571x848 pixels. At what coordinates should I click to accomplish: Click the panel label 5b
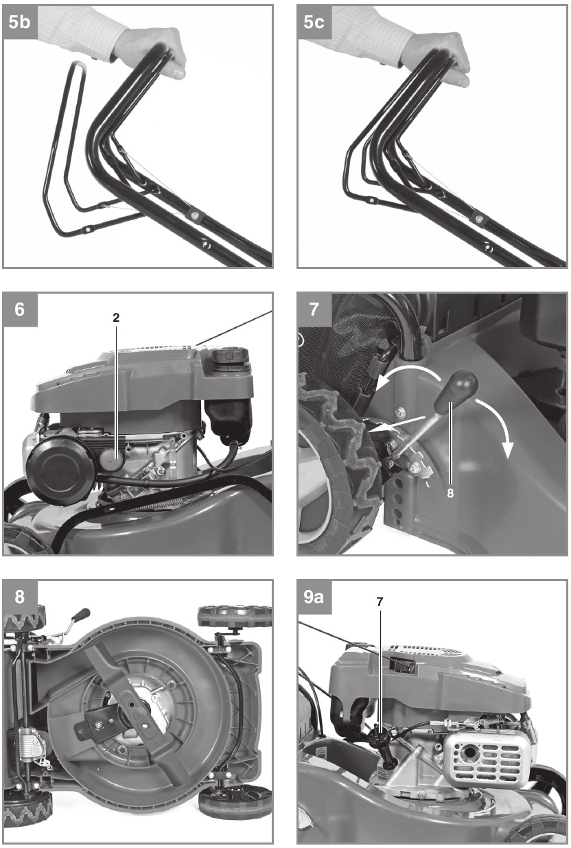[x=19, y=22]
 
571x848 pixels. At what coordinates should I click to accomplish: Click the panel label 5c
[x=314, y=22]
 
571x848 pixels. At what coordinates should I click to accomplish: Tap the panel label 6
[x=19, y=309]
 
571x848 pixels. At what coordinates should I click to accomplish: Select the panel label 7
[x=314, y=309]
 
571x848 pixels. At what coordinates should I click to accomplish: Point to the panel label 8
[x=19, y=597]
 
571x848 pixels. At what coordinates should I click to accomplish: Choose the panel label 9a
[x=314, y=597]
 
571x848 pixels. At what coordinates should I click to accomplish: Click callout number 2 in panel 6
[x=116, y=317]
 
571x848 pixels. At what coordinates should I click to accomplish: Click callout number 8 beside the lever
[x=450, y=493]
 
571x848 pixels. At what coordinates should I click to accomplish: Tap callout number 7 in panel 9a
[x=380, y=601]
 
